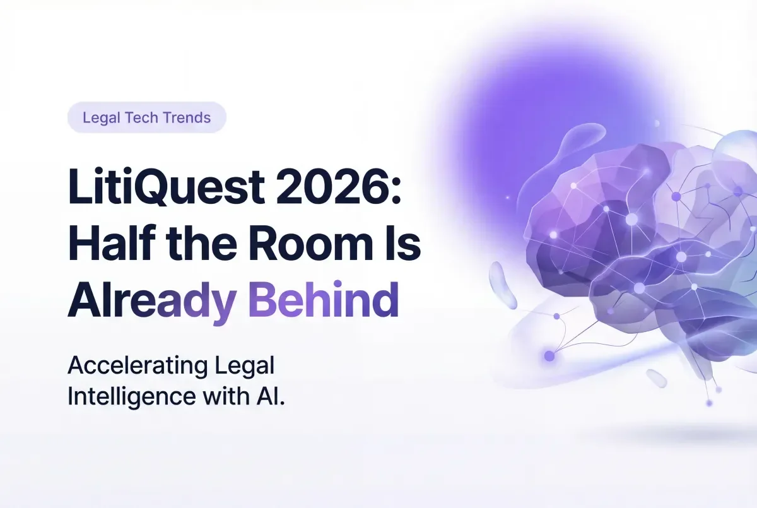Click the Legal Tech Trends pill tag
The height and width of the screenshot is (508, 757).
(146, 117)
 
